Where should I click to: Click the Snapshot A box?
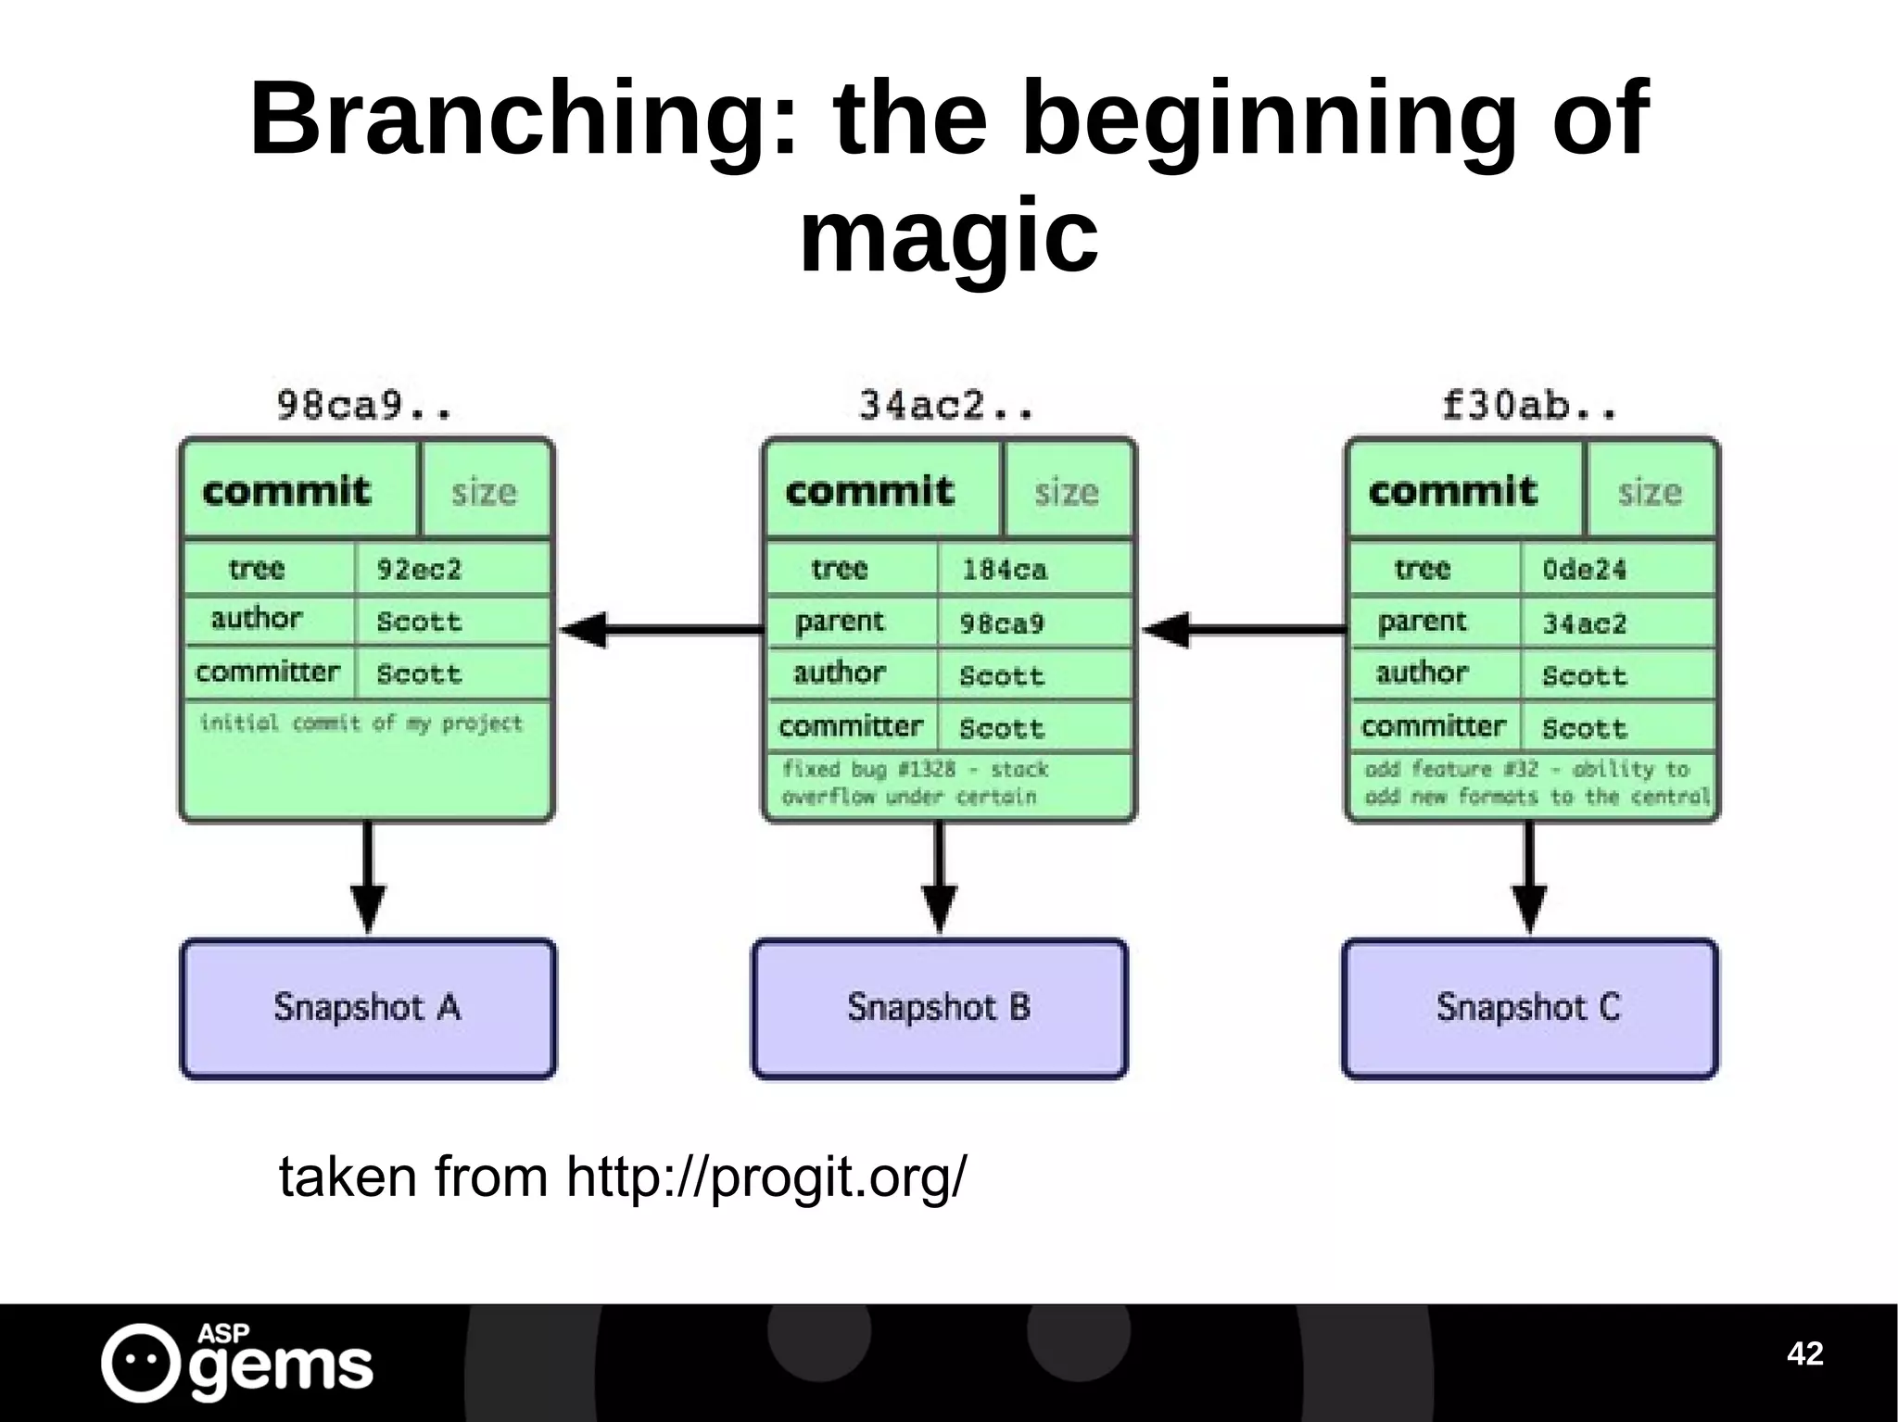click(368, 1008)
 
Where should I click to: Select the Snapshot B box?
click(939, 1008)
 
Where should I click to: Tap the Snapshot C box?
click(1529, 1008)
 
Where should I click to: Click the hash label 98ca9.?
click(364, 407)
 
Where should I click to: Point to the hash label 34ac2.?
click(945, 407)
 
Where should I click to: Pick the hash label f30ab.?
click(1529, 407)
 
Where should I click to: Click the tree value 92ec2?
click(419, 569)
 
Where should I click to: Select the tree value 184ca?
click(1005, 569)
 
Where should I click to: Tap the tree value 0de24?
click(1585, 569)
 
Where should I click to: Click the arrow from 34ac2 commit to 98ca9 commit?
click(662, 630)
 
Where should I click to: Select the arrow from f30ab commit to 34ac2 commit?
click(1244, 630)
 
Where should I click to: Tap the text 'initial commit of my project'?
click(361, 723)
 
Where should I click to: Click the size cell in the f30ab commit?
click(1650, 491)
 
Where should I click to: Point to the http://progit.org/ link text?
click(766, 1177)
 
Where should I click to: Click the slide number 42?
click(1804, 1353)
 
